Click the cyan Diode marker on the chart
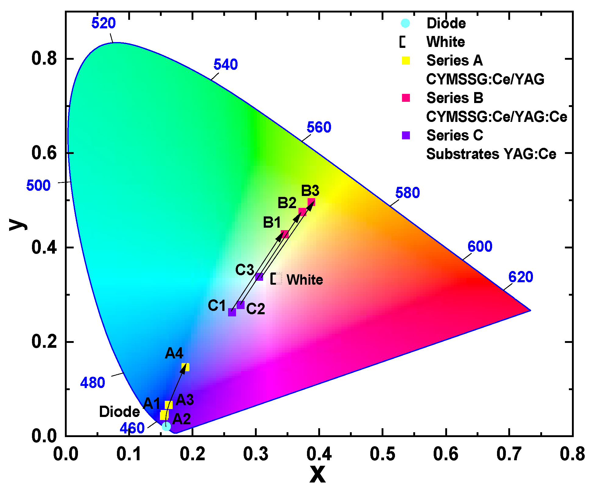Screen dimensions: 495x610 (x=166, y=426)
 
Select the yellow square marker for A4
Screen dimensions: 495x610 (x=185, y=367)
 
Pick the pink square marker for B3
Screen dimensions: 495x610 (x=311, y=202)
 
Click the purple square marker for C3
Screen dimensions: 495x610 (x=259, y=277)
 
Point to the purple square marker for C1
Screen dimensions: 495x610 (x=232, y=312)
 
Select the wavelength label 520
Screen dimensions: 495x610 (x=104, y=23)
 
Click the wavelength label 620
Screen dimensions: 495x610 (x=521, y=277)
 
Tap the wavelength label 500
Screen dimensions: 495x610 (x=38, y=186)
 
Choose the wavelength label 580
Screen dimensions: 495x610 (x=407, y=193)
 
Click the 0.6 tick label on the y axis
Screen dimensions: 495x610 (x=44, y=153)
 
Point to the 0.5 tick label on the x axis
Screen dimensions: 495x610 (x=383, y=454)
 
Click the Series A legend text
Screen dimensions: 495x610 (x=455, y=60)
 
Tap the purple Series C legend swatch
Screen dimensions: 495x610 (x=406, y=135)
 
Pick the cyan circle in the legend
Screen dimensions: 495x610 (x=405, y=23)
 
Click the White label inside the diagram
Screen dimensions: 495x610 (x=305, y=280)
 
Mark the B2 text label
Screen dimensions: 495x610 (x=287, y=203)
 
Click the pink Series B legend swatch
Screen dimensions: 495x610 (x=406, y=98)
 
